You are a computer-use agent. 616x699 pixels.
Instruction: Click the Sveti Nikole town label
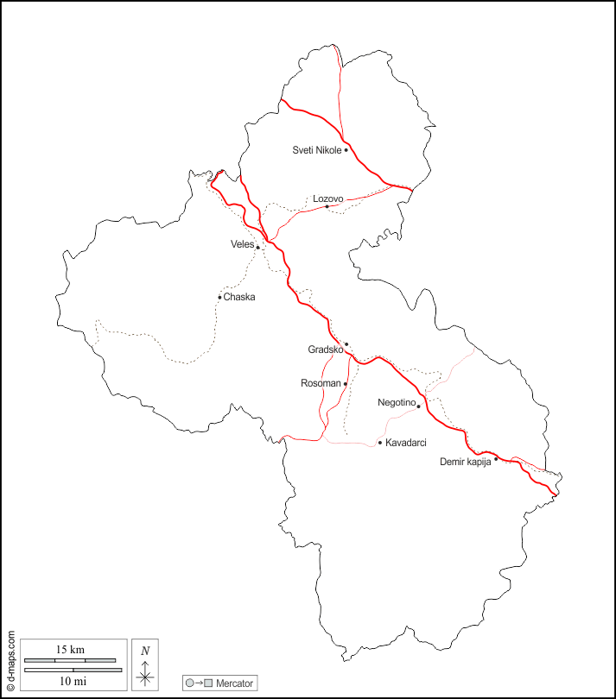[317, 150]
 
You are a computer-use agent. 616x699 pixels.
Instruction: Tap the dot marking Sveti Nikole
[346, 150]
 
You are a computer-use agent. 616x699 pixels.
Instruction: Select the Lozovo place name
[327, 198]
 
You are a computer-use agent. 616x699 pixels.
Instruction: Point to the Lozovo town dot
[327, 207]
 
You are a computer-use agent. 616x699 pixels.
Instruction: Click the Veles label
[242, 244]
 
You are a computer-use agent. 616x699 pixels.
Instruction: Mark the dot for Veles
[257, 248]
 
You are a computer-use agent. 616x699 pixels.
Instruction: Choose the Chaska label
[239, 297]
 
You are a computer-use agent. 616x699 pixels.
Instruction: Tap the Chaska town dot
[219, 298]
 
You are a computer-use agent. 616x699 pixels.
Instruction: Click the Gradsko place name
[325, 349]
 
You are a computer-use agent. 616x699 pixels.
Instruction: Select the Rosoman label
[321, 383]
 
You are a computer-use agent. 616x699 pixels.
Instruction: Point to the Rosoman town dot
[346, 383]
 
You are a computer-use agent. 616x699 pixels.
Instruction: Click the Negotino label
[397, 402]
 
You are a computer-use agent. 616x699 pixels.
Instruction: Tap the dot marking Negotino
[418, 406]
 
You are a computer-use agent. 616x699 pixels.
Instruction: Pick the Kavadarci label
[406, 443]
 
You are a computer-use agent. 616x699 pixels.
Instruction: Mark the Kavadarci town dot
[379, 443]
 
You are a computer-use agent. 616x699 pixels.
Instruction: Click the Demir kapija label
[466, 462]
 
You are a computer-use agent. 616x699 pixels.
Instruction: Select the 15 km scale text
[70, 649]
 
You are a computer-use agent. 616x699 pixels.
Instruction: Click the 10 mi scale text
[70, 682]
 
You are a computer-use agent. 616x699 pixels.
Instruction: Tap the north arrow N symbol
[145, 650]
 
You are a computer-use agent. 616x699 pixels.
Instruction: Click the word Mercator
[235, 683]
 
